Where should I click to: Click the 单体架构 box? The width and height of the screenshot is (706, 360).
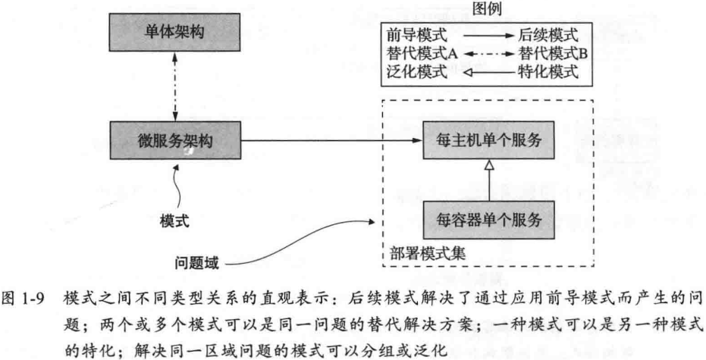click(174, 32)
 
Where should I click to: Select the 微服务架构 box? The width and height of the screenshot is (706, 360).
click(174, 140)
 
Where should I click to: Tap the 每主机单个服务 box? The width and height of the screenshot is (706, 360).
click(488, 140)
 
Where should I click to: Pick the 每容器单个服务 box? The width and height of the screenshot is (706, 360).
click(488, 220)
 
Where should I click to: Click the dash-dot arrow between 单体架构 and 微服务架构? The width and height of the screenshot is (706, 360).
click(174, 86)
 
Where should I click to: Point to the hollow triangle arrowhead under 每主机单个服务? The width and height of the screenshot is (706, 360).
click(489, 164)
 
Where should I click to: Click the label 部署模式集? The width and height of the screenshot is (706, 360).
click(427, 253)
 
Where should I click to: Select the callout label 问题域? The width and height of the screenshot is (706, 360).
click(196, 262)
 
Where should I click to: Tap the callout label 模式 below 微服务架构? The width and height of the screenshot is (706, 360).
click(174, 221)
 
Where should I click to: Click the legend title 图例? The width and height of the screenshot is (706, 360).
click(487, 8)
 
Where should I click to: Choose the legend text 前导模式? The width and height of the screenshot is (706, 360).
click(417, 35)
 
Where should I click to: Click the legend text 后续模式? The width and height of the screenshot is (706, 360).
click(548, 35)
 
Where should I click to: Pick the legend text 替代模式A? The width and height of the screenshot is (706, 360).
click(422, 54)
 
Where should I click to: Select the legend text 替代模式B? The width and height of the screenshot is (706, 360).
click(553, 54)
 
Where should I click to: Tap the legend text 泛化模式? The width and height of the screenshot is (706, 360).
click(417, 72)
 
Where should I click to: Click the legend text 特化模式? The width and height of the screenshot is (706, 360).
click(548, 72)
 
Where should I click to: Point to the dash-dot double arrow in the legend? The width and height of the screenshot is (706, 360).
click(489, 54)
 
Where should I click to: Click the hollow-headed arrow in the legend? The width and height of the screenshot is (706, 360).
click(489, 73)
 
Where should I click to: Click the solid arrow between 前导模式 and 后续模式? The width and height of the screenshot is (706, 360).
click(489, 35)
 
